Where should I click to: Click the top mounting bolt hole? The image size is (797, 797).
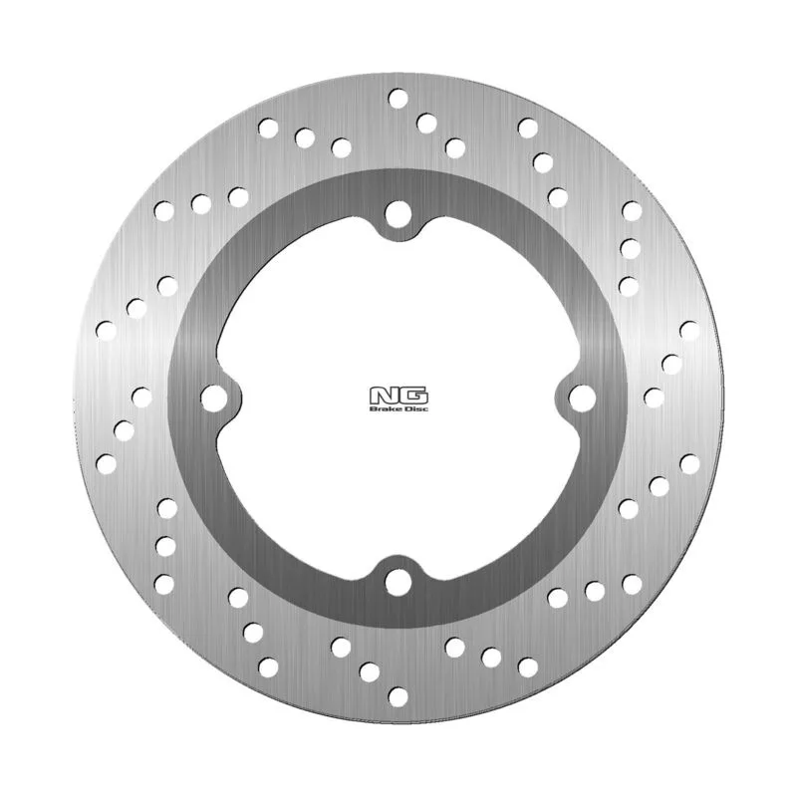(x=398, y=214)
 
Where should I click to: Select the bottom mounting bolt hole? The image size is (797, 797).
(x=398, y=582)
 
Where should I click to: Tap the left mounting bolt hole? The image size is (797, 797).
(x=214, y=398)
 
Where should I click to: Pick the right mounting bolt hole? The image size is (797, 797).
(x=582, y=398)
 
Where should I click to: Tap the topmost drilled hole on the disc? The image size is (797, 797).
(x=398, y=98)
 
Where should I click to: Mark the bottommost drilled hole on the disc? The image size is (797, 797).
(x=398, y=696)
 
